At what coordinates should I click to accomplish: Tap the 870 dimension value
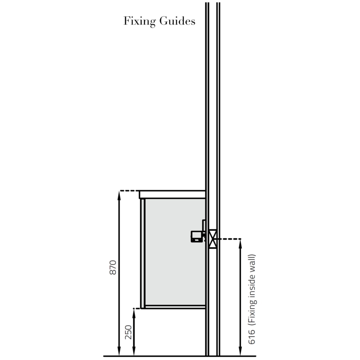tap(113, 268)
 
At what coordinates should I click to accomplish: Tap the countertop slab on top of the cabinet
tap(172, 194)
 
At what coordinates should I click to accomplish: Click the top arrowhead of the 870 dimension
tap(119, 194)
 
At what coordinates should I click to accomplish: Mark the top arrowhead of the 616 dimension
tap(240, 242)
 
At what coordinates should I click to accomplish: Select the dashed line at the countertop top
tap(129, 191)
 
